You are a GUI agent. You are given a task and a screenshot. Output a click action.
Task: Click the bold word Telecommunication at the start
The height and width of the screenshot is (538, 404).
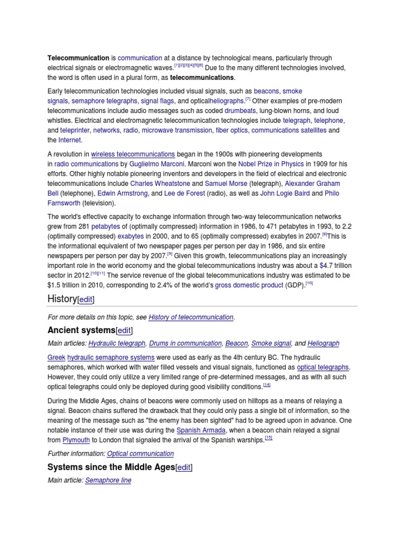pyautogui.click(x=78, y=58)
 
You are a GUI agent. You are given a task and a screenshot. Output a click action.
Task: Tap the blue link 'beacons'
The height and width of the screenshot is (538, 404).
pyautogui.click(x=266, y=91)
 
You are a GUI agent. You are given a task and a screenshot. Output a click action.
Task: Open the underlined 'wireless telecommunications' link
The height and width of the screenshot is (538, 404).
pyautogui.click(x=133, y=154)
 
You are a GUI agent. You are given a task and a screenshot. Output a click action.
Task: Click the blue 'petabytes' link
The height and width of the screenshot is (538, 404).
pyautogui.click(x=106, y=226)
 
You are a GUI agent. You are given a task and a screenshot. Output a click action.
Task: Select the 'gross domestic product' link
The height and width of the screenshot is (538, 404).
pyautogui.click(x=249, y=285)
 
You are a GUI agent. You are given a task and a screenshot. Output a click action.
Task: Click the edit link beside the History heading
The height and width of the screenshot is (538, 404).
pyautogui.click(x=86, y=299)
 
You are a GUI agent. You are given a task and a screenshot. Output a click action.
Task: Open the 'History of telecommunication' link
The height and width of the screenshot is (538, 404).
pyautogui.click(x=191, y=317)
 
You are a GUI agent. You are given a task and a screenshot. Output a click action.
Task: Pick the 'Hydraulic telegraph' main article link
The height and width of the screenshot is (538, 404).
pyautogui.click(x=116, y=343)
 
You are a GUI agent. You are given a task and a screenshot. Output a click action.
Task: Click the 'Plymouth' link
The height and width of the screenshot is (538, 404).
pyautogui.click(x=76, y=440)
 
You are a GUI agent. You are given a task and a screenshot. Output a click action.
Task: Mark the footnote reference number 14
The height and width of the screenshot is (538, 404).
pyautogui.click(x=267, y=385)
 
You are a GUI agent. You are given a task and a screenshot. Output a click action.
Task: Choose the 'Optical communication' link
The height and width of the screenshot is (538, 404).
pyautogui.click(x=140, y=453)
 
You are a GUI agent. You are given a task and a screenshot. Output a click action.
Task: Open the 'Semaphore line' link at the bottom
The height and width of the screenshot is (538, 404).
pyautogui.click(x=108, y=480)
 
